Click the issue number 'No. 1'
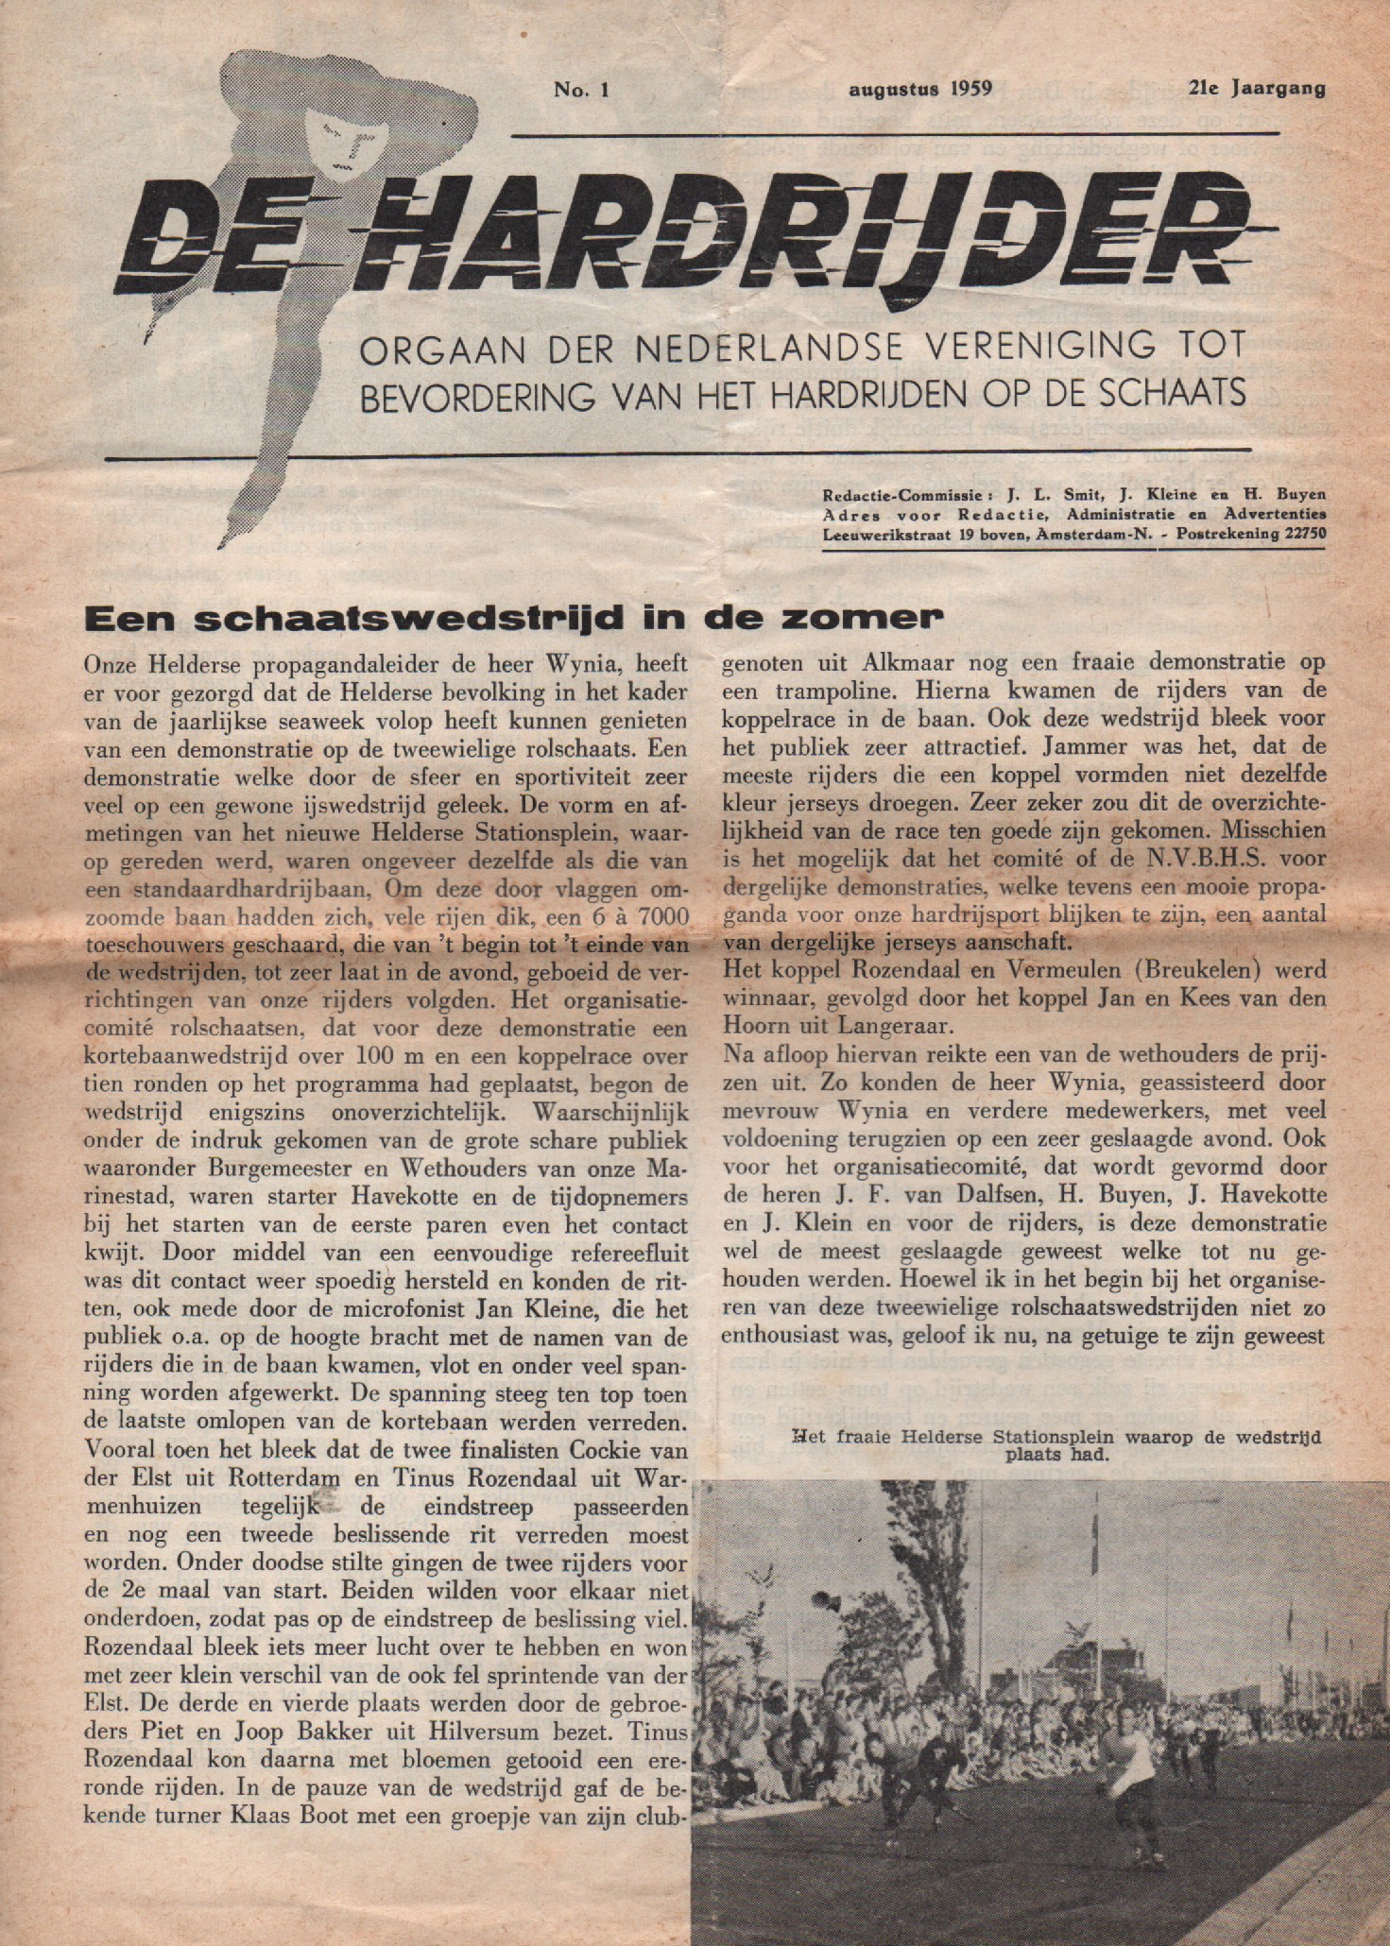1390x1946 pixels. tap(584, 90)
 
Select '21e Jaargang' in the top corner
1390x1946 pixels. tap(1257, 90)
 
